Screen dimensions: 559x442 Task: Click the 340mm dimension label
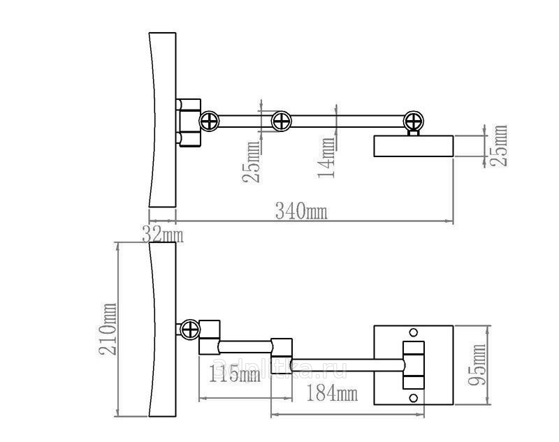click(301, 211)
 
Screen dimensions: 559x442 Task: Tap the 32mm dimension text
click(163, 235)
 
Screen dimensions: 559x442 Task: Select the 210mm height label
click(108, 329)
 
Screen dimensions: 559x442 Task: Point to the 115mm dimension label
click(234, 374)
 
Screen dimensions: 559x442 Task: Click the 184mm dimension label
click(333, 393)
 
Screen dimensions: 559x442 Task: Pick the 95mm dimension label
click(477, 364)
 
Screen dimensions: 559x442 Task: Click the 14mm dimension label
click(327, 157)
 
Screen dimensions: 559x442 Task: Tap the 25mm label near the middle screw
click(251, 162)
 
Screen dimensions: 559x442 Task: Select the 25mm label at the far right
click(498, 145)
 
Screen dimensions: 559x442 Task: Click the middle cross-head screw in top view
click(282, 121)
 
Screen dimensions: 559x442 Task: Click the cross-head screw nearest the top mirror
click(209, 121)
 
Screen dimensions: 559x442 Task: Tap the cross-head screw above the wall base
click(414, 121)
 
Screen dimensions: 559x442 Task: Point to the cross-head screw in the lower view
click(190, 330)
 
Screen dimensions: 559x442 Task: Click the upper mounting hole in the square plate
click(414, 332)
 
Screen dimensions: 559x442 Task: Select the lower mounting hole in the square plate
click(414, 398)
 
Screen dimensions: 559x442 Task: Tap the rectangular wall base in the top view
click(414, 146)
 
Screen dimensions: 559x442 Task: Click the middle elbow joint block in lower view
click(282, 356)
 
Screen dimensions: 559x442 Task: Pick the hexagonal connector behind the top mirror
click(189, 122)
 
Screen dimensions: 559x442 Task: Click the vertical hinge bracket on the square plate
click(414, 365)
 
